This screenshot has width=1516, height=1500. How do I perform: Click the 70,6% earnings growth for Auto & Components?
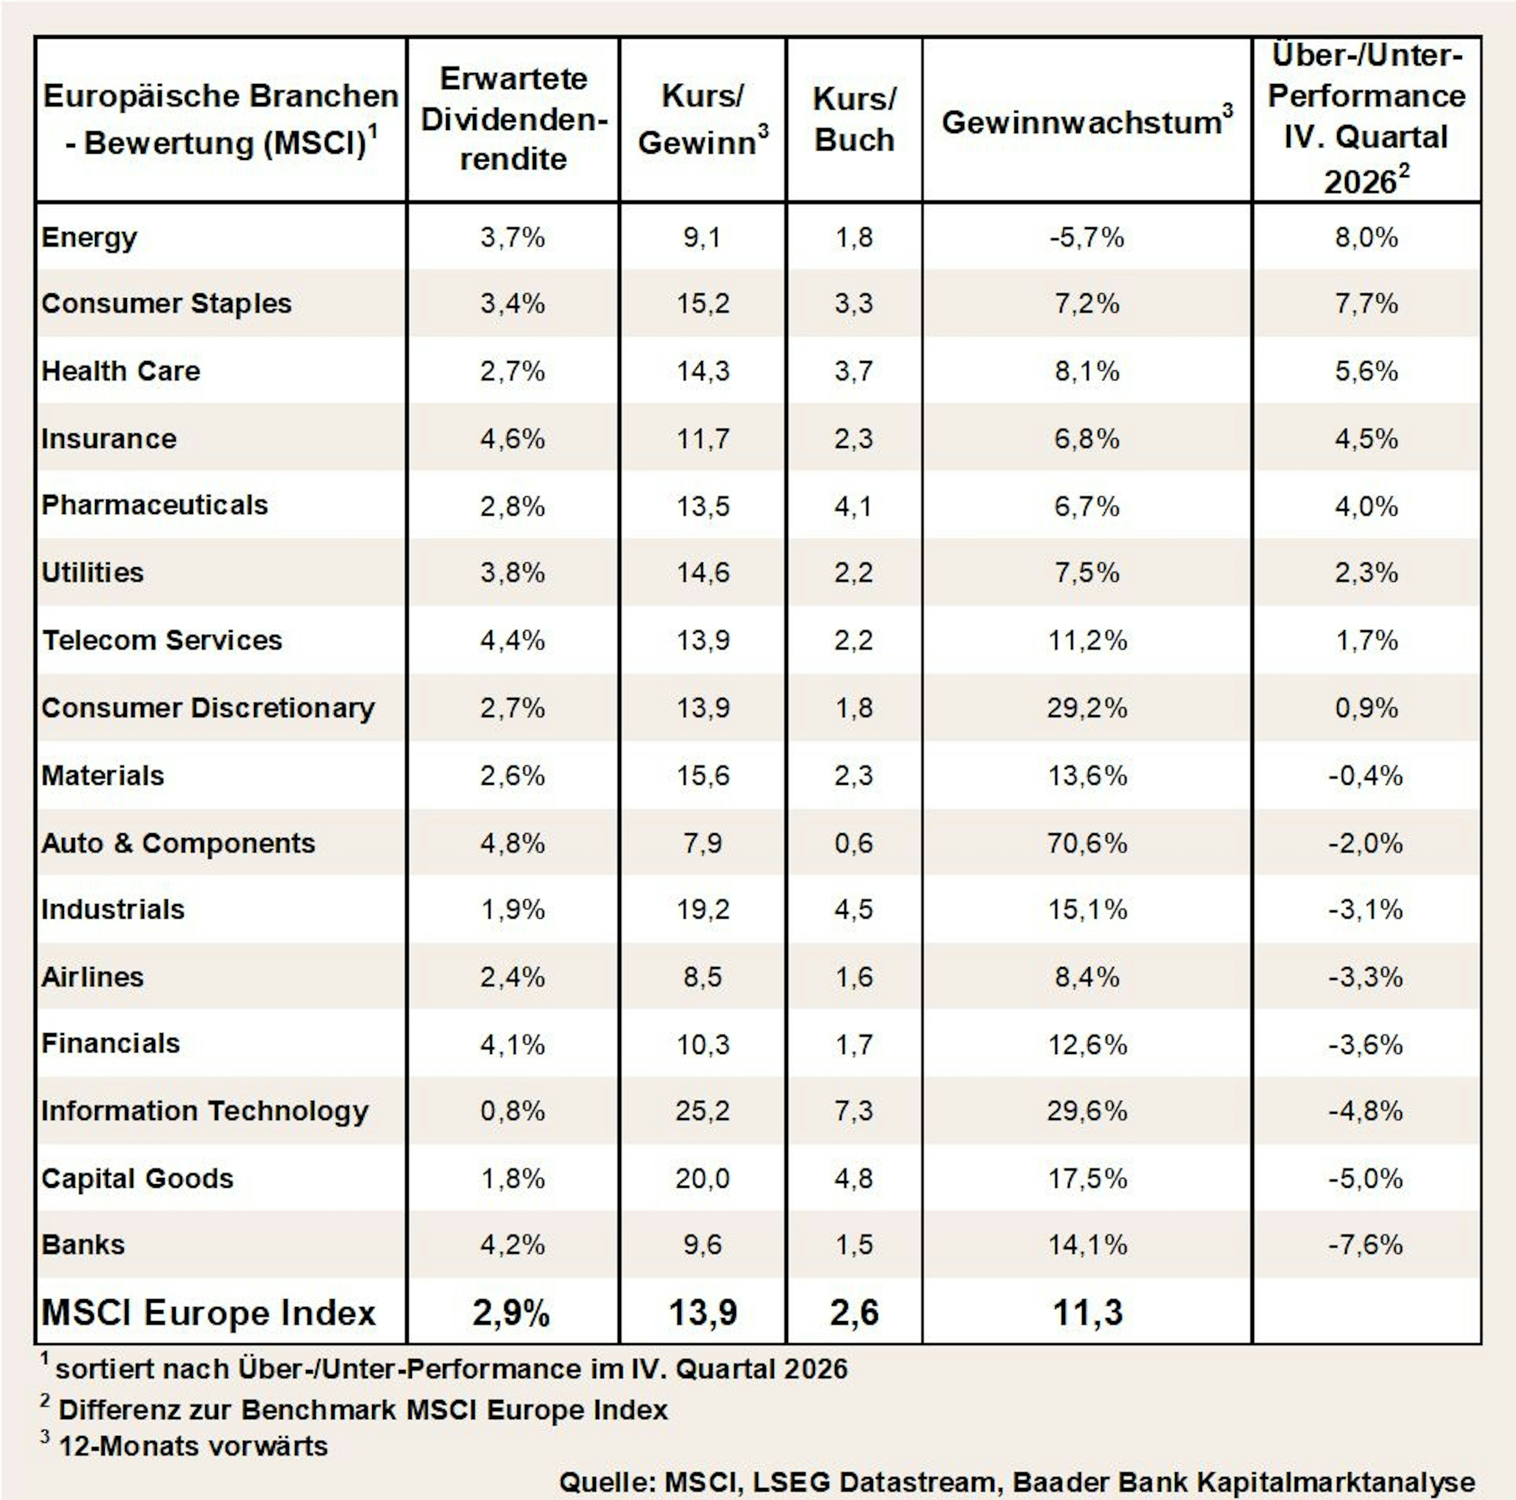point(1087,844)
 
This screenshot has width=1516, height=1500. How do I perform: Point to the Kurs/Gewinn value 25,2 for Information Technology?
point(702,1111)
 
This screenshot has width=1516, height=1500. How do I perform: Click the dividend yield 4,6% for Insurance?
point(512,439)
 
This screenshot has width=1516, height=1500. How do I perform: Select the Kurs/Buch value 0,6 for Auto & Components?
point(854,844)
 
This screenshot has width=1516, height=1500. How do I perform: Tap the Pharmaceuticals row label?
point(155,505)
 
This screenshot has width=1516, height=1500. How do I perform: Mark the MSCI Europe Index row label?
point(209,1312)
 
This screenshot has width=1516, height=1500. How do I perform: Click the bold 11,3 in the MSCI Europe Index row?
point(1088,1312)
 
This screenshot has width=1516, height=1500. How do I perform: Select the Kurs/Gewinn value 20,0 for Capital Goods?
point(702,1178)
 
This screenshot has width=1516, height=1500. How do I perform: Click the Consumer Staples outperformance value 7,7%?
point(1366,304)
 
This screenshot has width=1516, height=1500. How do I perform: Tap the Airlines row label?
point(93,977)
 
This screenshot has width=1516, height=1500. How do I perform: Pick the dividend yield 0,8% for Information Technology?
point(512,1111)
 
